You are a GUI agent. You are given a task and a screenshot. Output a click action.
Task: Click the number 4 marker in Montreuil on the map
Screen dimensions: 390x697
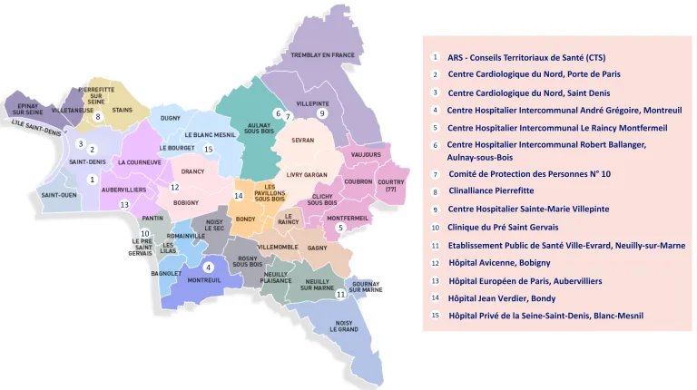tap(209, 267)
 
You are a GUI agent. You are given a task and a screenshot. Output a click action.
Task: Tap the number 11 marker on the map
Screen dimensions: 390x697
tap(340, 294)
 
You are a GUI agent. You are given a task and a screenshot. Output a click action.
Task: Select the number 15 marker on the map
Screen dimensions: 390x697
tap(208, 149)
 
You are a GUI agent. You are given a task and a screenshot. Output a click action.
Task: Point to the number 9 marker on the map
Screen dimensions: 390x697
tap(321, 112)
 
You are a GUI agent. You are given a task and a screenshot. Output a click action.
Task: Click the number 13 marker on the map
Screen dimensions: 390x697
tap(124, 205)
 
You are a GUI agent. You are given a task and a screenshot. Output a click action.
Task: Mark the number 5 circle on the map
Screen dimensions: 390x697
tap(340, 228)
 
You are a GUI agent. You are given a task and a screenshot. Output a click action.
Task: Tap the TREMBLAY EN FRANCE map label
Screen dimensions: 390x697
tap(322, 56)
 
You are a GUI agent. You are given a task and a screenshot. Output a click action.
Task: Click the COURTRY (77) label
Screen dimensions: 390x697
tap(391, 185)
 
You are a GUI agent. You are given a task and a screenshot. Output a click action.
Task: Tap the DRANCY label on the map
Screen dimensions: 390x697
tap(192, 171)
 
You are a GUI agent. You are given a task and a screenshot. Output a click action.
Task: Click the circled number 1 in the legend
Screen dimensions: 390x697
tap(436, 56)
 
